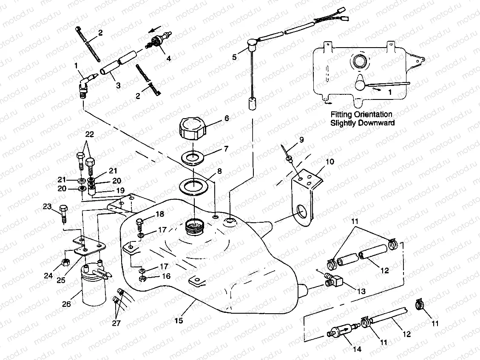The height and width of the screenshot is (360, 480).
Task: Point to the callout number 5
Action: click(x=234, y=57)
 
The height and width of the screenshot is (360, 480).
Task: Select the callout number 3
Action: click(x=118, y=85)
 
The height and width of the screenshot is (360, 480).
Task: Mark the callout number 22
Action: click(x=89, y=134)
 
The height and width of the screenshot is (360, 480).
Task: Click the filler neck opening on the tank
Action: click(x=194, y=225)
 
